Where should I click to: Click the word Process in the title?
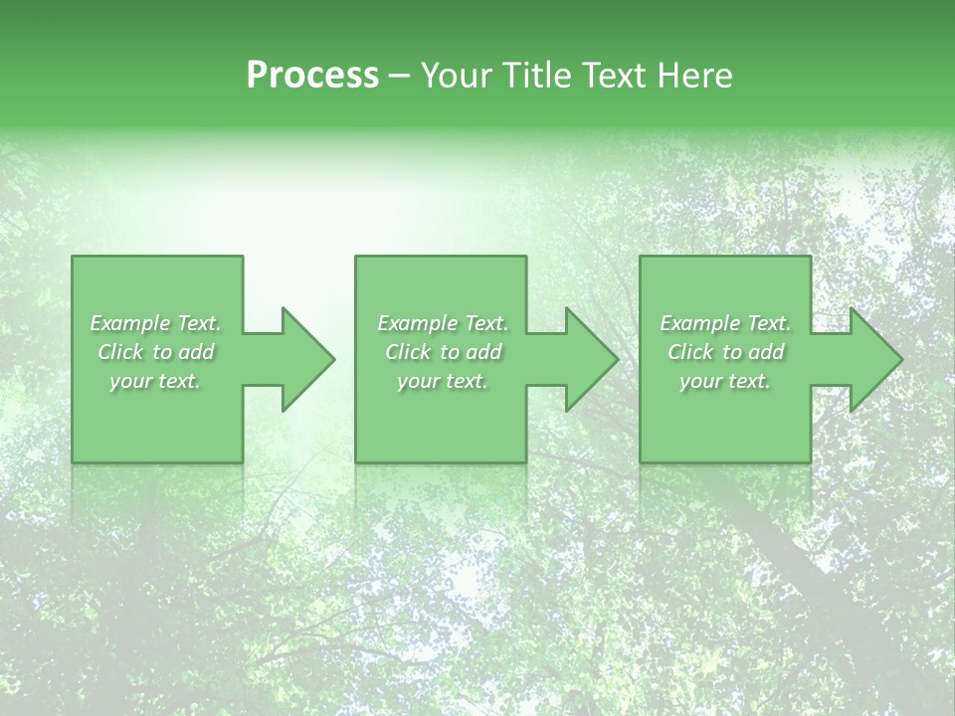pos(312,76)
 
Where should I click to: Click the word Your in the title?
pos(456,76)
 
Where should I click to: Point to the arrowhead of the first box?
pos(308,359)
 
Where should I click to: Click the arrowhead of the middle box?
pos(592,359)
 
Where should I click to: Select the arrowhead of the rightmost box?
pos(876,359)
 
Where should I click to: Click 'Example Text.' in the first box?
pos(155,323)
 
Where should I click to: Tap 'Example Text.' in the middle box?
pos(443,323)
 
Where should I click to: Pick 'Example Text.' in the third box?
pos(725,323)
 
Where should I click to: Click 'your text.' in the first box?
pos(155,381)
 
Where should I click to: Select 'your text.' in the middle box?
pos(443,381)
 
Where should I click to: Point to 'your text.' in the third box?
pos(725,381)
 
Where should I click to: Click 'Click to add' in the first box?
pos(155,352)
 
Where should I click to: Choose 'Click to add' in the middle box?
pos(443,352)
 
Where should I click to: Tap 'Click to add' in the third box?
pos(725,352)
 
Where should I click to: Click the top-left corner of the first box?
pos(74,258)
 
